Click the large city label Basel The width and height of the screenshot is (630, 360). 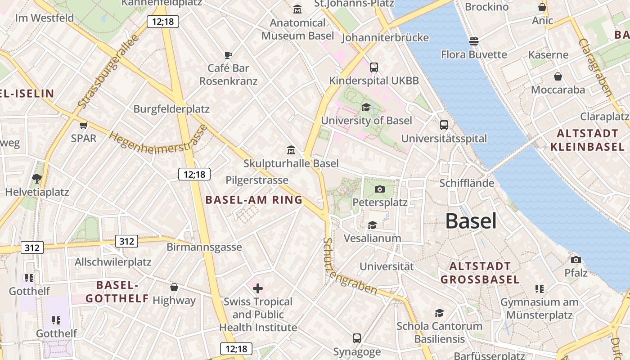point(471,221)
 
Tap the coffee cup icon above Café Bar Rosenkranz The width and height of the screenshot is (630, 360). point(228,55)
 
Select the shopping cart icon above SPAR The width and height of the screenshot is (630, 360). point(83,125)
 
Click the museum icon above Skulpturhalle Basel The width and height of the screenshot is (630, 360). point(291,150)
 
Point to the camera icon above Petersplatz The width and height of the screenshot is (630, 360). point(380,189)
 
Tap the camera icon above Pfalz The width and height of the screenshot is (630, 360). point(576,260)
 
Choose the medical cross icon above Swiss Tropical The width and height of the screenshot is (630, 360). point(258,288)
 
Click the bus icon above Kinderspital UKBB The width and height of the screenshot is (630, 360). point(373,67)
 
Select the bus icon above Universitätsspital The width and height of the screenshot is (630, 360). point(444,125)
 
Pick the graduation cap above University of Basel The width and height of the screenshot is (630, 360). point(366,107)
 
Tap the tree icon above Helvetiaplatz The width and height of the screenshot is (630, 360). point(37,179)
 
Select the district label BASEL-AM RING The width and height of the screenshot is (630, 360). point(254,200)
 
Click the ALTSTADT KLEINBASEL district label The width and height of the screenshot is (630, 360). point(587,140)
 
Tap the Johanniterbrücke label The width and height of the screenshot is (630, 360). point(385,37)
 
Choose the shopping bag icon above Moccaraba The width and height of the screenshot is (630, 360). point(558,76)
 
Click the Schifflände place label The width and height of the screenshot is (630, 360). point(467,183)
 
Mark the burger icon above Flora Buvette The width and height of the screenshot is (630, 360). point(473,41)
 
